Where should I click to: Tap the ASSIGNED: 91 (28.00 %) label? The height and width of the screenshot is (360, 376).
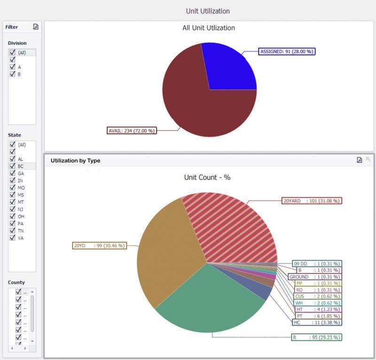287,52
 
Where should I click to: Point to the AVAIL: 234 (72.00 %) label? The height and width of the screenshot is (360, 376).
132,131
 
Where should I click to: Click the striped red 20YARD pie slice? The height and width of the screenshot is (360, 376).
230,226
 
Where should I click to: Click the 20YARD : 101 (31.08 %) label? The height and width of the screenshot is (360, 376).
311,201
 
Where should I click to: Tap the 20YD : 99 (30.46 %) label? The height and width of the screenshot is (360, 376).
99,245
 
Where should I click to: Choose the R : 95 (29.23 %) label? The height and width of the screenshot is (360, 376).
317,337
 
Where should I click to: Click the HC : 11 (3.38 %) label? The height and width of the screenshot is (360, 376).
317,322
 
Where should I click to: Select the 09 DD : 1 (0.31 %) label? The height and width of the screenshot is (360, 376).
317,264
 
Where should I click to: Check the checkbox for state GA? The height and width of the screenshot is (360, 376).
12,173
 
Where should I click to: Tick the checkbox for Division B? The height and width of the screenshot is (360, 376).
12,74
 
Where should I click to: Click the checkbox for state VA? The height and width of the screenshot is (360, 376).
12,238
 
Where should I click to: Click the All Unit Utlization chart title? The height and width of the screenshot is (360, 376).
209,28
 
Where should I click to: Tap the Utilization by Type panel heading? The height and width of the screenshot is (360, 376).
75,160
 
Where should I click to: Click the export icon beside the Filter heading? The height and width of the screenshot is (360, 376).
36,27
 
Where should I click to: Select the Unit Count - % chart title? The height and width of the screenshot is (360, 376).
207,178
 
